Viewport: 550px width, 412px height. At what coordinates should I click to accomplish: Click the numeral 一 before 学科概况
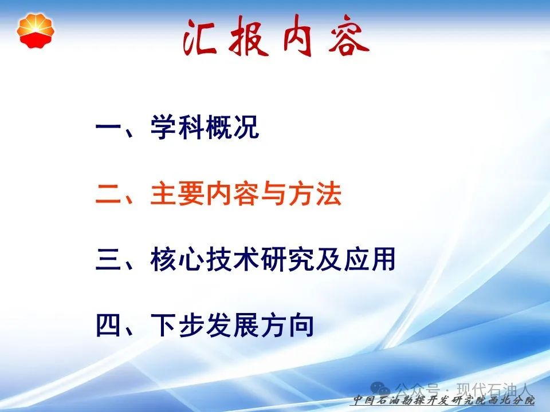(x=108, y=127)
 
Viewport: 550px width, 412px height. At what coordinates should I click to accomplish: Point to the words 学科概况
(x=205, y=127)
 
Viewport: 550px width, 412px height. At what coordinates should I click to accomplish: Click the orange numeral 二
(x=108, y=195)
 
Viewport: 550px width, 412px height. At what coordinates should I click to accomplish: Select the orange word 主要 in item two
(x=178, y=194)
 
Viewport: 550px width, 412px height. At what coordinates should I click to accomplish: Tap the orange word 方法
(x=315, y=194)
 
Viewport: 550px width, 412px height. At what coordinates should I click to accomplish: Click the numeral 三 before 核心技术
(x=108, y=260)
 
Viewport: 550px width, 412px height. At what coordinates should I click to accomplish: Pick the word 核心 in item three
(x=178, y=260)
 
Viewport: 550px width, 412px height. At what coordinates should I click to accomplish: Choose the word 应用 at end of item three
(x=370, y=260)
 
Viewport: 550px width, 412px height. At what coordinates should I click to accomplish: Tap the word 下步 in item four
(x=178, y=326)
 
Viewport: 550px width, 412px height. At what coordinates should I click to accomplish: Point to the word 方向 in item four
(x=287, y=326)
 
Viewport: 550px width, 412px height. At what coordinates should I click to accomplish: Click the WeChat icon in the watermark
(x=380, y=389)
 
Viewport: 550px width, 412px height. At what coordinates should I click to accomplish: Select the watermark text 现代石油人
(x=494, y=389)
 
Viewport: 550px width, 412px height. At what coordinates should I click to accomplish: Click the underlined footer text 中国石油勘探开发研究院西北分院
(x=443, y=400)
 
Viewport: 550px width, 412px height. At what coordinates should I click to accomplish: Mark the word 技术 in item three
(x=233, y=260)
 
